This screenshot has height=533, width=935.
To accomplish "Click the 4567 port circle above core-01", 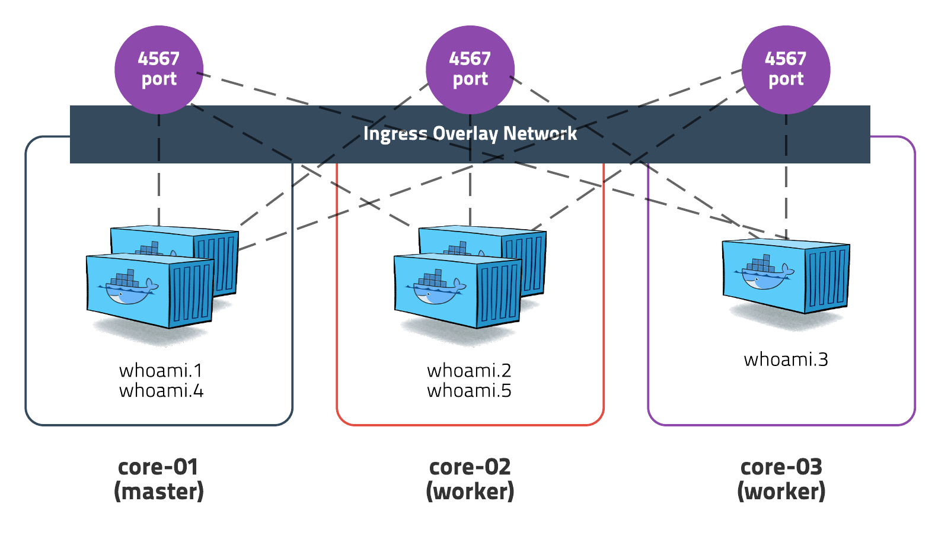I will tap(159, 69).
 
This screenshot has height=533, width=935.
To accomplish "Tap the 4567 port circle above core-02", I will tap(470, 69).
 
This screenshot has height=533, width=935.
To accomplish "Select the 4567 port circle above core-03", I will tap(786, 69).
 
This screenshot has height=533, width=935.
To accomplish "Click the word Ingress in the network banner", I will tap(395, 134).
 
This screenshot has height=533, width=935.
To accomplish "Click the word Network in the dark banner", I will tap(540, 134).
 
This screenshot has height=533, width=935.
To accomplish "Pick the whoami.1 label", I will tap(161, 371).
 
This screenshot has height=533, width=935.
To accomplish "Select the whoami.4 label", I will tap(161, 391).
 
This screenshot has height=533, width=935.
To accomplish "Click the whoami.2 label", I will tap(469, 371).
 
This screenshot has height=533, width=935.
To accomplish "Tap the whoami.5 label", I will tap(469, 391).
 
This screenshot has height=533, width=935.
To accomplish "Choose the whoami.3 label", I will tap(786, 359).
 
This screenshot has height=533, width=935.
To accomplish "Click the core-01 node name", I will tap(158, 467).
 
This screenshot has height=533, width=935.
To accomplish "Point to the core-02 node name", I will tap(470, 467).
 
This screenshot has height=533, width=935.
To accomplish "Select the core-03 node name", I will tap(781, 467).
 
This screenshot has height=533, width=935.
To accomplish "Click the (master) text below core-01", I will tap(159, 492).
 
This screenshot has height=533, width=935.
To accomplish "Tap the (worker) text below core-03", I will tap(781, 492).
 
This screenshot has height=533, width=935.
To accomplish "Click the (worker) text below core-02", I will tap(470, 492).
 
